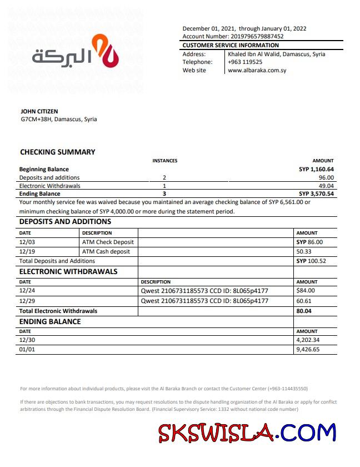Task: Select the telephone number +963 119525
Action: pyautogui.click(x=245, y=62)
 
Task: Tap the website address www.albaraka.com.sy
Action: pyautogui.click(x=257, y=71)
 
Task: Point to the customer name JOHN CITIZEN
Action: pyautogui.click(x=39, y=111)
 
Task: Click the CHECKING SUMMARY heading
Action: pyautogui.click(x=58, y=152)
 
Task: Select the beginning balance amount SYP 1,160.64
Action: pyautogui.click(x=316, y=169)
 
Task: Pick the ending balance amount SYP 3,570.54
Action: pyautogui.click(x=316, y=194)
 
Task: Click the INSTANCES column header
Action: pyautogui.click(x=165, y=161)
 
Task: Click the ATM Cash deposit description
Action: pyautogui.click(x=106, y=251)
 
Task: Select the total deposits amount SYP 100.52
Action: pyautogui.click(x=311, y=261)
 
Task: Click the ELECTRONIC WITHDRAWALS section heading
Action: pyautogui.click(x=68, y=272)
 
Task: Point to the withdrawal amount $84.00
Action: pyautogui.click(x=306, y=290)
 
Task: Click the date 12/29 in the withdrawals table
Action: pyautogui.click(x=27, y=301)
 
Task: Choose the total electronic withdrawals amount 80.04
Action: pyautogui.click(x=304, y=311)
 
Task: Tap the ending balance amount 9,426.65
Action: pyautogui.click(x=308, y=350)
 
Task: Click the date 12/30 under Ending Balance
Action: pyautogui.click(x=27, y=340)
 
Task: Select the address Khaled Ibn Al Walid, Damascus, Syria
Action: pyautogui.click(x=276, y=54)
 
